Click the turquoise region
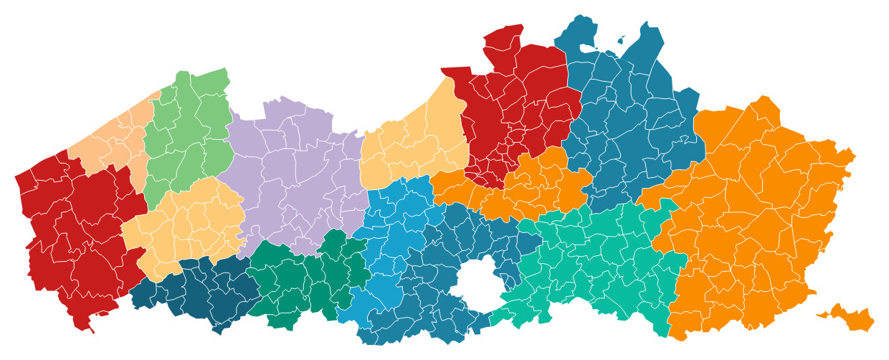click(595, 265)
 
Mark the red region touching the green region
click(79, 229)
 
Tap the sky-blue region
click(394, 237)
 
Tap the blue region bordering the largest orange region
click(631, 122)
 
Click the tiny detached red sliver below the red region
click(105, 314)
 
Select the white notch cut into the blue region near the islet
click(588, 48)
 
